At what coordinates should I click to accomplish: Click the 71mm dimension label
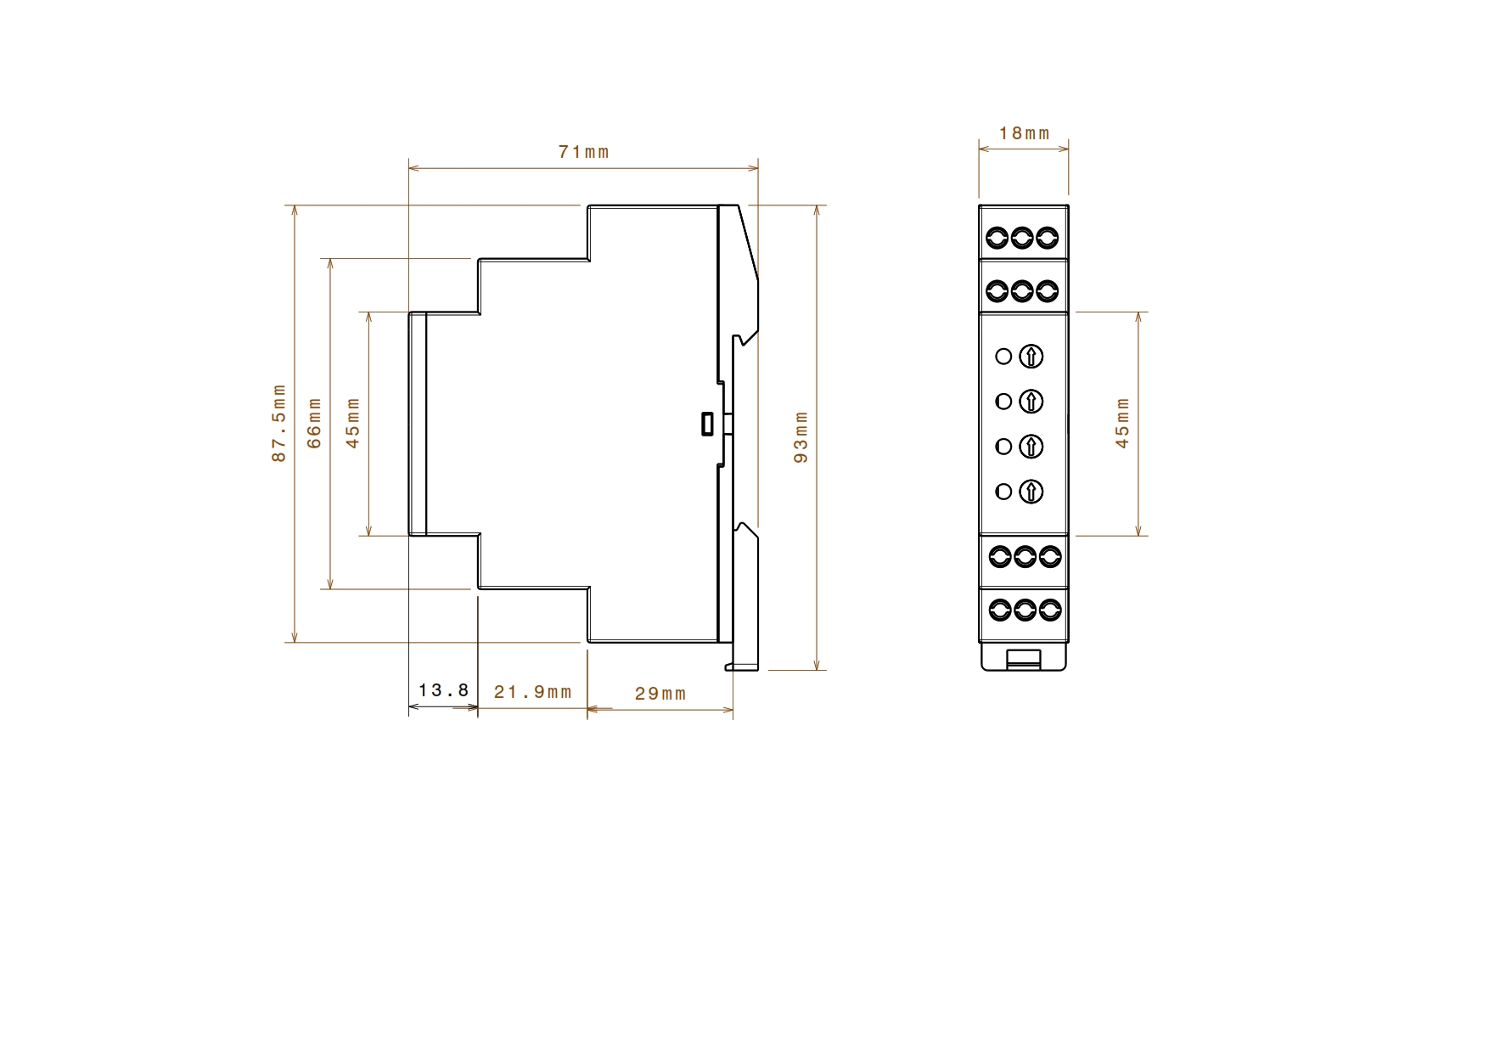[584, 152]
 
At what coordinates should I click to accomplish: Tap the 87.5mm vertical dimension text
[279, 424]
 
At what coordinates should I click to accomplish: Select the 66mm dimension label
[315, 423]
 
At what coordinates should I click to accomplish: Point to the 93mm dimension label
[801, 437]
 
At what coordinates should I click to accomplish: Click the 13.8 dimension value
[444, 690]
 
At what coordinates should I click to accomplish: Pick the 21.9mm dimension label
[533, 692]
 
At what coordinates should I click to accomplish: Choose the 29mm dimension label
[660, 694]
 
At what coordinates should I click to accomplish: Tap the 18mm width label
[1025, 133]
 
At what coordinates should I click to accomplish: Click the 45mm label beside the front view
[1123, 423]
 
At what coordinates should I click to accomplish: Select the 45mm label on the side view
[354, 423]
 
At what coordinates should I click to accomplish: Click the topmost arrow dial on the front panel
[1031, 357]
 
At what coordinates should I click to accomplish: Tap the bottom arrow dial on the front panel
[1031, 492]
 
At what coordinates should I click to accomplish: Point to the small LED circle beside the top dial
[1003, 357]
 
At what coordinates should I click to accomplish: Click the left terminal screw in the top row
[997, 238]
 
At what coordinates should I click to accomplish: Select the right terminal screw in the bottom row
[1051, 609]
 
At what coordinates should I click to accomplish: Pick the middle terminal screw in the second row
[1023, 292]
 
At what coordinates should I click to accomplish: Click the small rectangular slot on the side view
[707, 424]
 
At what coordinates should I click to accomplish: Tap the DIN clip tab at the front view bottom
[1024, 658]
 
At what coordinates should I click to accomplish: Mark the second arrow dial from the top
[1031, 402]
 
